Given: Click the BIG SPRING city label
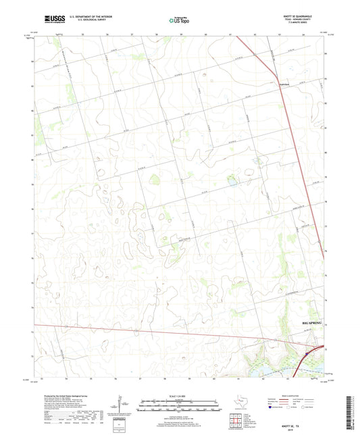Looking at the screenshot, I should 312,325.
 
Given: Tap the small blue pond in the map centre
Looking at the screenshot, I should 232,182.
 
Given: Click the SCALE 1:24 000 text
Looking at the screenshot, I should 180,396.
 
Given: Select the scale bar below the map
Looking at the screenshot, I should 180,405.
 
